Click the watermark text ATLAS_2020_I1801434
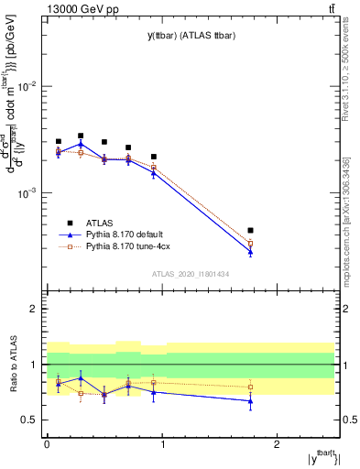tap(190, 275)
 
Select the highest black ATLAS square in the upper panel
tap(81, 136)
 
